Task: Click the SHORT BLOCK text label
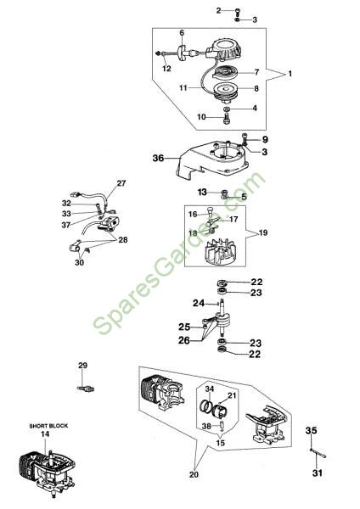pos(48,426)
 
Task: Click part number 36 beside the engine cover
pos(158,158)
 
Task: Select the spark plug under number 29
pos(86,389)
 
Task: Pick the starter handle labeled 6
pos(182,52)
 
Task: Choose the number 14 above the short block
pos(45,433)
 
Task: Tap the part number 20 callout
pos(194,474)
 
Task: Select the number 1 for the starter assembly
pos(290,74)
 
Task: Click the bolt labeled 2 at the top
pos(238,11)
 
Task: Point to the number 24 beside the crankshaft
pos(199,303)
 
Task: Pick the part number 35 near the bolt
pos(311,430)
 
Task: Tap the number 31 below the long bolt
pos(317,473)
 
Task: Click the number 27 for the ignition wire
pos(121,183)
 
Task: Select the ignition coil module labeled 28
pos(109,224)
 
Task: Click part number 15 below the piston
pos(220,443)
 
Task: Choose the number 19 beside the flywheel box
pos(263,232)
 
